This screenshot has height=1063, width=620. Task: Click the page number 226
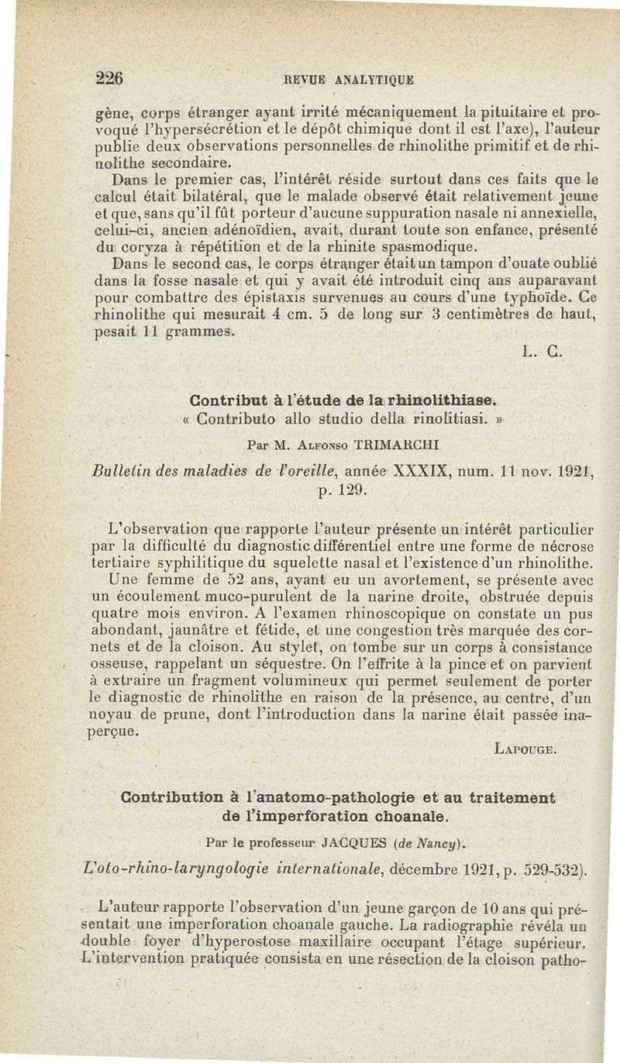click(110, 77)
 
